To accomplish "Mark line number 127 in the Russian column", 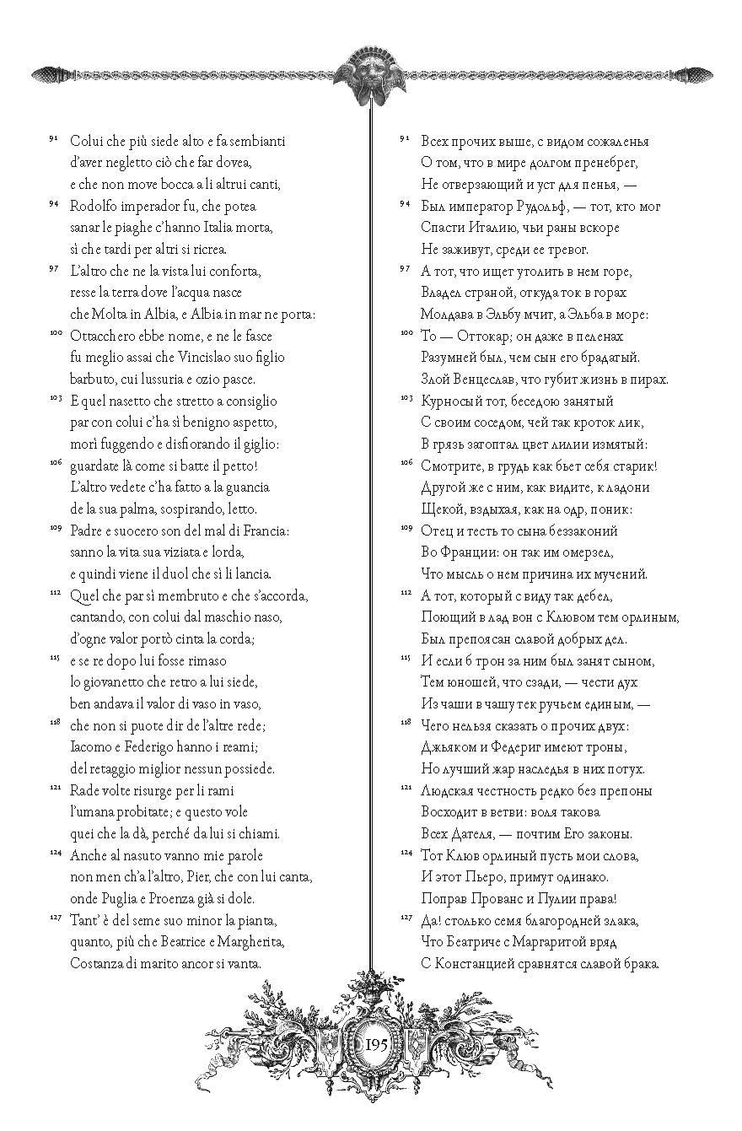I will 405,918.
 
